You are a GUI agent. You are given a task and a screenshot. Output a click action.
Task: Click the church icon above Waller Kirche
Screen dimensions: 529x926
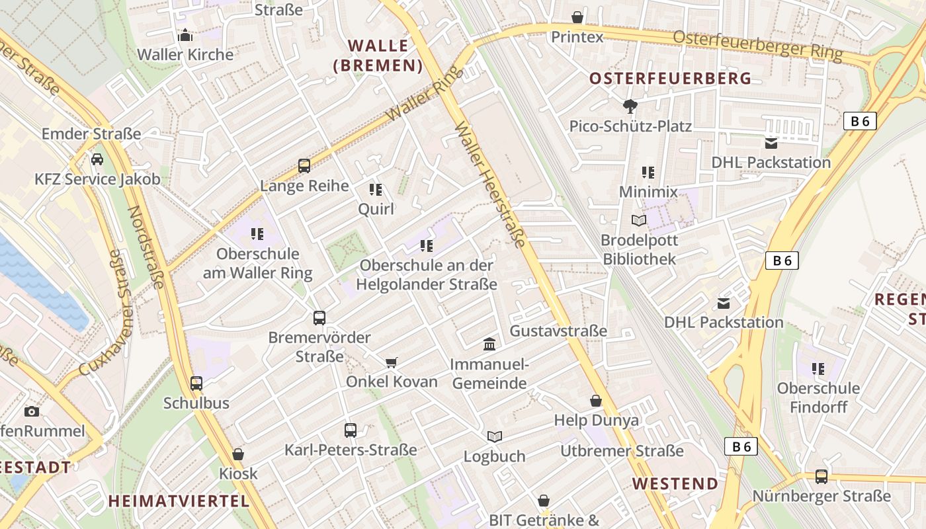pyautogui.click(x=185, y=34)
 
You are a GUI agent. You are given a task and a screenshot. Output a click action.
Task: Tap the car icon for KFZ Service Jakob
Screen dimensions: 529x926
pyautogui.click(x=97, y=159)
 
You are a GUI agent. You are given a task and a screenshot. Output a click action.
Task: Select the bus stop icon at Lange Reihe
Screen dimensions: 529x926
pyautogui.click(x=304, y=165)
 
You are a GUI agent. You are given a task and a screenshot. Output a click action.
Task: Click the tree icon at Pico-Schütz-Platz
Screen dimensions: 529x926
pyautogui.click(x=630, y=106)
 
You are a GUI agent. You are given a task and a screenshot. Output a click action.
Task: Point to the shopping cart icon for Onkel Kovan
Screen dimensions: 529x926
pyautogui.click(x=392, y=362)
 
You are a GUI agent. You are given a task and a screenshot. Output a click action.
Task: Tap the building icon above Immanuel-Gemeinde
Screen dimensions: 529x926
pyautogui.click(x=489, y=344)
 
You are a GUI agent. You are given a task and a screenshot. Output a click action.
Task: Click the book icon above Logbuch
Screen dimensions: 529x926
pyautogui.click(x=495, y=436)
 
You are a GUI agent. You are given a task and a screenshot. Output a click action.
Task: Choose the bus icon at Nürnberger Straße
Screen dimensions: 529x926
pyautogui.click(x=821, y=476)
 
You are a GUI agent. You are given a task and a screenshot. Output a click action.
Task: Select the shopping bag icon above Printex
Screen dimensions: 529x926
pyautogui.click(x=577, y=17)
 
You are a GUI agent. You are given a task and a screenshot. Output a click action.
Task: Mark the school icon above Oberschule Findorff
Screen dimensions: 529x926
pyautogui.click(x=818, y=368)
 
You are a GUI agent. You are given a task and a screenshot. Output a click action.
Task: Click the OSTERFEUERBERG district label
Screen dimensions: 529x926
pyautogui.click(x=670, y=79)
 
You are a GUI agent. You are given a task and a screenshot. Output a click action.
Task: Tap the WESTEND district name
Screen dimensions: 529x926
pyautogui.click(x=675, y=483)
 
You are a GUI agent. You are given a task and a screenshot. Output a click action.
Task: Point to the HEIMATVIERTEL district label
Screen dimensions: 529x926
pyautogui.click(x=179, y=501)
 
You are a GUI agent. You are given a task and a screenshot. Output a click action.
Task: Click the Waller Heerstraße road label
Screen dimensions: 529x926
pyautogui.click(x=490, y=184)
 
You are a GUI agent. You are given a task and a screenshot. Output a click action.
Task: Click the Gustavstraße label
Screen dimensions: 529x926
pyautogui.click(x=558, y=331)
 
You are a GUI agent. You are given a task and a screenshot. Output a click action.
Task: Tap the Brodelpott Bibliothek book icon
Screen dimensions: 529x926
pyautogui.click(x=638, y=220)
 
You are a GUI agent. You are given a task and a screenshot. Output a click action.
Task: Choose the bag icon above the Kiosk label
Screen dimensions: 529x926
pyautogui.click(x=238, y=454)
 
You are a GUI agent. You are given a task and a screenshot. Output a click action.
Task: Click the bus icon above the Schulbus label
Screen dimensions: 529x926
pyautogui.click(x=196, y=383)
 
